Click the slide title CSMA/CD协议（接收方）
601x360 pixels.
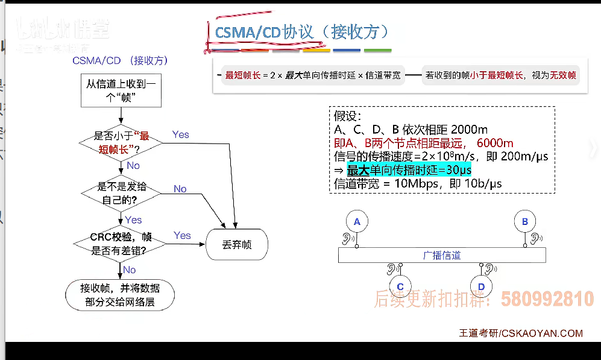(301, 31)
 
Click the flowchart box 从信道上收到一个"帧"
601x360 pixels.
(121, 90)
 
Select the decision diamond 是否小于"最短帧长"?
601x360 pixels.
(121, 142)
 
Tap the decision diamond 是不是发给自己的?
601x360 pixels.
(121, 193)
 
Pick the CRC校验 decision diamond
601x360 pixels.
(121, 242)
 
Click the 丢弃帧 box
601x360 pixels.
(237, 245)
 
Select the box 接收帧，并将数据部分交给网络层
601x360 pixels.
(120, 295)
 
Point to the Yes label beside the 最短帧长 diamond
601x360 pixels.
(181, 134)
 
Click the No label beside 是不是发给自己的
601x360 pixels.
(180, 189)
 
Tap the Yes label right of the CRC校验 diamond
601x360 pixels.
(182, 235)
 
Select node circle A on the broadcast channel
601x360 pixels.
(357, 222)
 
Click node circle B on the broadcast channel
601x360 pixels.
(524, 222)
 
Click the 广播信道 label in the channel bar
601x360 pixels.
(442, 255)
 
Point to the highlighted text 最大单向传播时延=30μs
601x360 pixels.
(409, 170)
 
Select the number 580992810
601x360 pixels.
(547, 299)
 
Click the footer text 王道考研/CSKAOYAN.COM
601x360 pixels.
(521, 333)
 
